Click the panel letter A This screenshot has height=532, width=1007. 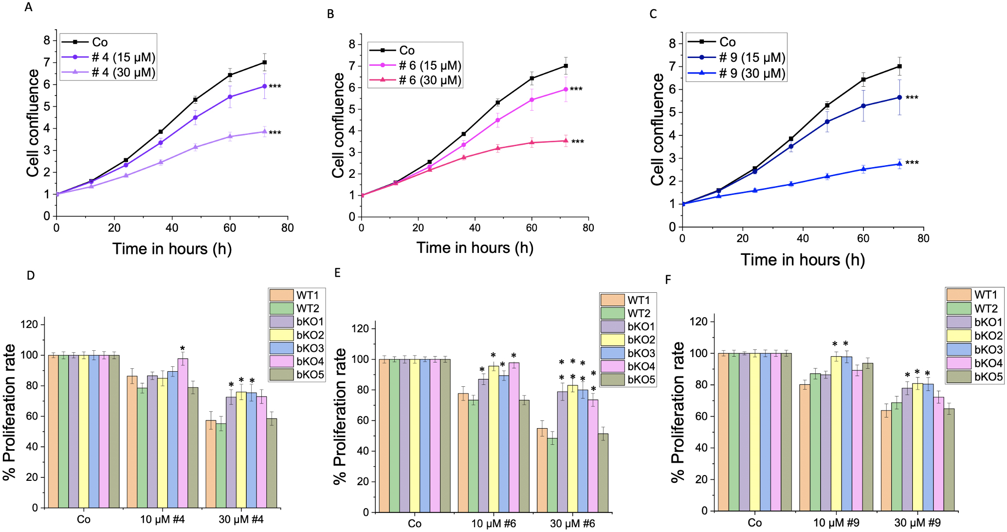point(29,8)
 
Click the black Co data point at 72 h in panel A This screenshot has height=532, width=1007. point(264,62)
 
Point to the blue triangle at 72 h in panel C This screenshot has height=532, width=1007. point(899,164)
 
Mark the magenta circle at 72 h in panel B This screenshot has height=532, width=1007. point(566,89)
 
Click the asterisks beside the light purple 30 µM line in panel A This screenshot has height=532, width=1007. point(275,133)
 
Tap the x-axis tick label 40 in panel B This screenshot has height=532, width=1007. point(475,228)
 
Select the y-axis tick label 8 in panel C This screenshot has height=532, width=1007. point(673,44)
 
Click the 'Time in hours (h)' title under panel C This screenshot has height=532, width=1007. point(803,260)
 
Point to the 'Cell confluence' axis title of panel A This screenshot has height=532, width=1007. point(33,123)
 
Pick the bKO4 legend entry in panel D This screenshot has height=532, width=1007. point(310,361)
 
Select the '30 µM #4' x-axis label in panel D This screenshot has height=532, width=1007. point(241,519)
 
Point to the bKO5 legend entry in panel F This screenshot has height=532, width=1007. point(988,377)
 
